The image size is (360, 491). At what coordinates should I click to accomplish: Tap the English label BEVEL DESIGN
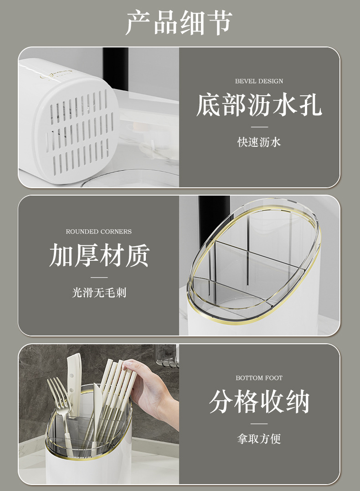point(259,81)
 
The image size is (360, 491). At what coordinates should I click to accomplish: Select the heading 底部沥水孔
point(259,105)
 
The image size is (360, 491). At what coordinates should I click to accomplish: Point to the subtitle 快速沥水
point(259,142)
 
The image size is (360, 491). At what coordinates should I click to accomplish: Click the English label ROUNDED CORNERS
point(98,232)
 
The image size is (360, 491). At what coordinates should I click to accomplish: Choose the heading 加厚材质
point(99,256)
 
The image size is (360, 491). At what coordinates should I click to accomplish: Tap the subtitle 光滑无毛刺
point(99,293)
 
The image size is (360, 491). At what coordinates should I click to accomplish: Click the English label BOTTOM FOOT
point(259,378)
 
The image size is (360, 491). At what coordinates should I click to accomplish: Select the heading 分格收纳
point(259,402)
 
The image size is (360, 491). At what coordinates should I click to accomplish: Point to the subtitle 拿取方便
point(259,439)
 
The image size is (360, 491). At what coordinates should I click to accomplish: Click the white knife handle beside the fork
point(74,374)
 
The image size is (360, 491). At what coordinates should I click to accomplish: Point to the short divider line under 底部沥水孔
point(259,127)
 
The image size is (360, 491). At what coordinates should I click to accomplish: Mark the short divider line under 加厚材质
point(99,277)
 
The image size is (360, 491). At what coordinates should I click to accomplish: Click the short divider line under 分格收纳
point(259,424)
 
